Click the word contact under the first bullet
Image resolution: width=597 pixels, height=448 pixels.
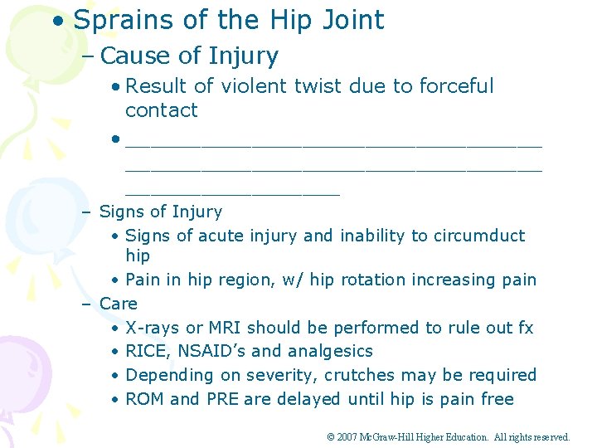click(x=161, y=110)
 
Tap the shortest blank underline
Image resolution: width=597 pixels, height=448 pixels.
click(x=232, y=192)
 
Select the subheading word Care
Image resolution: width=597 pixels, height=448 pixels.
click(x=118, y=304)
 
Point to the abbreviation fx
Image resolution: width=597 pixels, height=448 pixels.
click(x=525, y=328)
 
